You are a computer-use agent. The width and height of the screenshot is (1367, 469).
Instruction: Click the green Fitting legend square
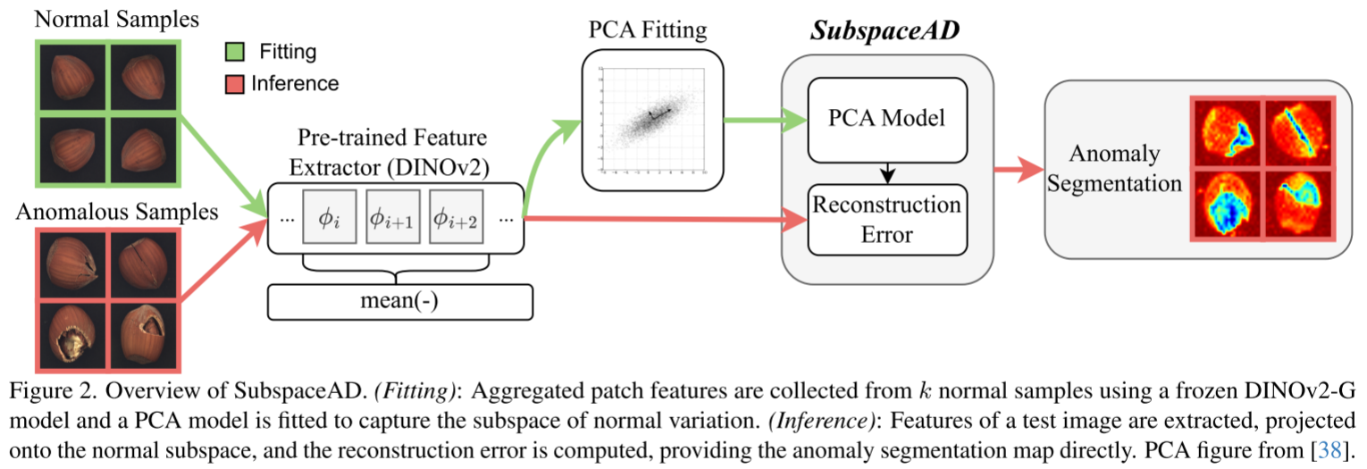tap(235, 52)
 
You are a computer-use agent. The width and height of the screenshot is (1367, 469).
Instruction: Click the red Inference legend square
tap(235, 84)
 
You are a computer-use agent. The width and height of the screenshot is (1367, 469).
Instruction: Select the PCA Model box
tap(887, 120)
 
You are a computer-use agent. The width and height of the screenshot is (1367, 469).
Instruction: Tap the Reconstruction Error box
tap(887, 220)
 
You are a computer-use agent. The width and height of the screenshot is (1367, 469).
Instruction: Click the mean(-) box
tap(400, 302)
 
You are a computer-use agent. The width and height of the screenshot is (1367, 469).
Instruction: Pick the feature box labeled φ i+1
tap(393, 216)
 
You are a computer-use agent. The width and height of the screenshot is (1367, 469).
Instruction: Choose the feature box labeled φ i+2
tap(457, 216)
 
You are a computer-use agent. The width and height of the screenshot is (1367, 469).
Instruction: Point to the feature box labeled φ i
tap(330, 216)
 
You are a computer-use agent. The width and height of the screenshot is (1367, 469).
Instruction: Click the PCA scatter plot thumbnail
tap(652, 120)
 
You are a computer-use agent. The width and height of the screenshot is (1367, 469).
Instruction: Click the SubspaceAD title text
tap(885, 30)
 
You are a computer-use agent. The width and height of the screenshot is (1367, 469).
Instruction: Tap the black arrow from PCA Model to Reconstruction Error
tap(888, 173)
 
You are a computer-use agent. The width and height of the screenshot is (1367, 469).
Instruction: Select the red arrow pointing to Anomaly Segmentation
tap(1019, 169)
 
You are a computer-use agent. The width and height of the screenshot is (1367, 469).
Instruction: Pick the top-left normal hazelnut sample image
tap(72, 78)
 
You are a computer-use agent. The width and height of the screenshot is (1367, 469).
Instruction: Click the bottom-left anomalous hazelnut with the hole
tap(72, 335)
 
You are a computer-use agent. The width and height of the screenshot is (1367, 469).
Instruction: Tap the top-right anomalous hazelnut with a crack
tap(144, 264)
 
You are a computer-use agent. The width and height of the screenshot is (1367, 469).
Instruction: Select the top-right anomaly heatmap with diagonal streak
tap(1298, 133)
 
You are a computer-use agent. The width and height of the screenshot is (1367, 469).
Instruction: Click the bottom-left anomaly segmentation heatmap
tap(1228, 204)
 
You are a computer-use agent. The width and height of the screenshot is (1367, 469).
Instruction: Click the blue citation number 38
tap(1329, 451)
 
